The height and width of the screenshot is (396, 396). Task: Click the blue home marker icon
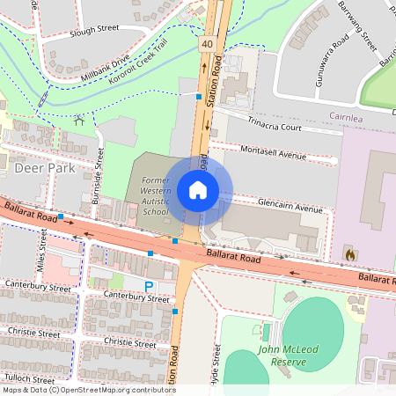pyautogui.click(x=198, y=189)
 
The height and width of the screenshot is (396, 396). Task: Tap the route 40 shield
pyautogui.click(x=205, y=43)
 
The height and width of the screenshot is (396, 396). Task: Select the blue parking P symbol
pyautogui.click(x=149, y=285)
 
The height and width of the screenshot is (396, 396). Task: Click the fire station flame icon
pyautogui.click(x=349, y=254)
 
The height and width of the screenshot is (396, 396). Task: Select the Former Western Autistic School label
pyautogui.click(x=149, y=195)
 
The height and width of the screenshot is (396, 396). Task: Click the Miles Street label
pyautogui.click(x=42, y=250)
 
